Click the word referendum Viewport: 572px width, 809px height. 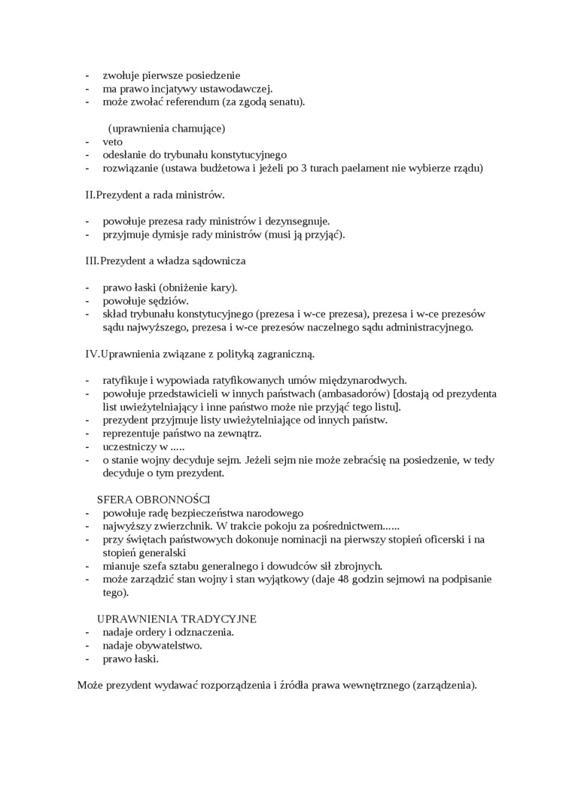coord(192,102)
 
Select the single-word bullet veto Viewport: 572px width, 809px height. coord(113,141)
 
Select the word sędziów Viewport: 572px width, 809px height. coord(167,301)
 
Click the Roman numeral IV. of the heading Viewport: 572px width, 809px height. coord(91,354)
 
